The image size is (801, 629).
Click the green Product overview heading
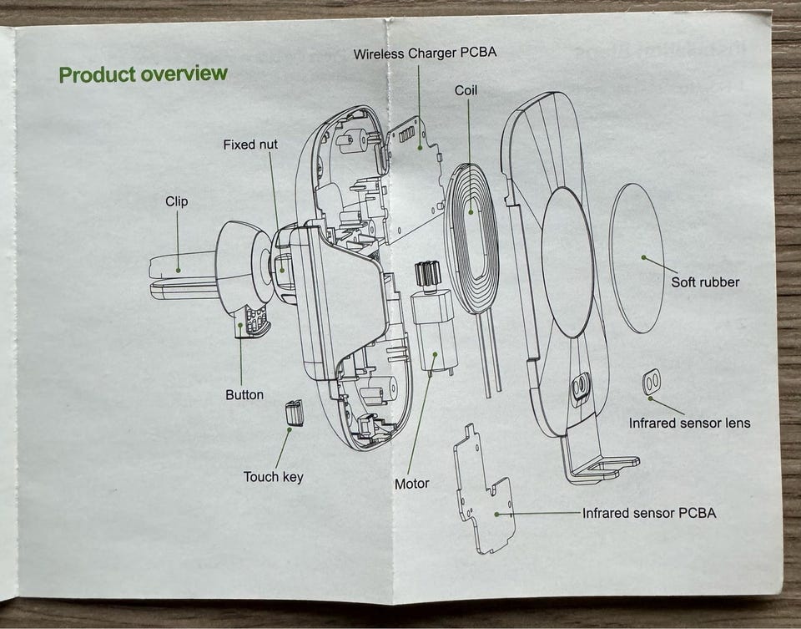tap(143, 74)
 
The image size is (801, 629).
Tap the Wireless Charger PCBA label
tap(425, 53)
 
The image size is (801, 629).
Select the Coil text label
tap(466, 90)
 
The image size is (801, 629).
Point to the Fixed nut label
tap(250, 145)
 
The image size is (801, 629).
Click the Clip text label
tap(177, 201)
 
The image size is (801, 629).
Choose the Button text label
tap(244, 395)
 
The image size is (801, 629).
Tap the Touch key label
tap(274, 477)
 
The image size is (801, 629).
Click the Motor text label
tap(411, 484)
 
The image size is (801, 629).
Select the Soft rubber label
tap(705, 282)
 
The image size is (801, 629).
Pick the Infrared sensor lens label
tap(690, 424)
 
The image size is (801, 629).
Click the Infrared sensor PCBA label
tap(649, 513)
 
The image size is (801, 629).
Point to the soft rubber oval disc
tap(637, 258)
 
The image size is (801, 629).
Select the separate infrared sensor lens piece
tap(650, 382)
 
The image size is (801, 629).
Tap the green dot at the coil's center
tap(471, 211)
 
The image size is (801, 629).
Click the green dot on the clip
tap(179, 270)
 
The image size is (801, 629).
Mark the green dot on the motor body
tap(436, 353)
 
